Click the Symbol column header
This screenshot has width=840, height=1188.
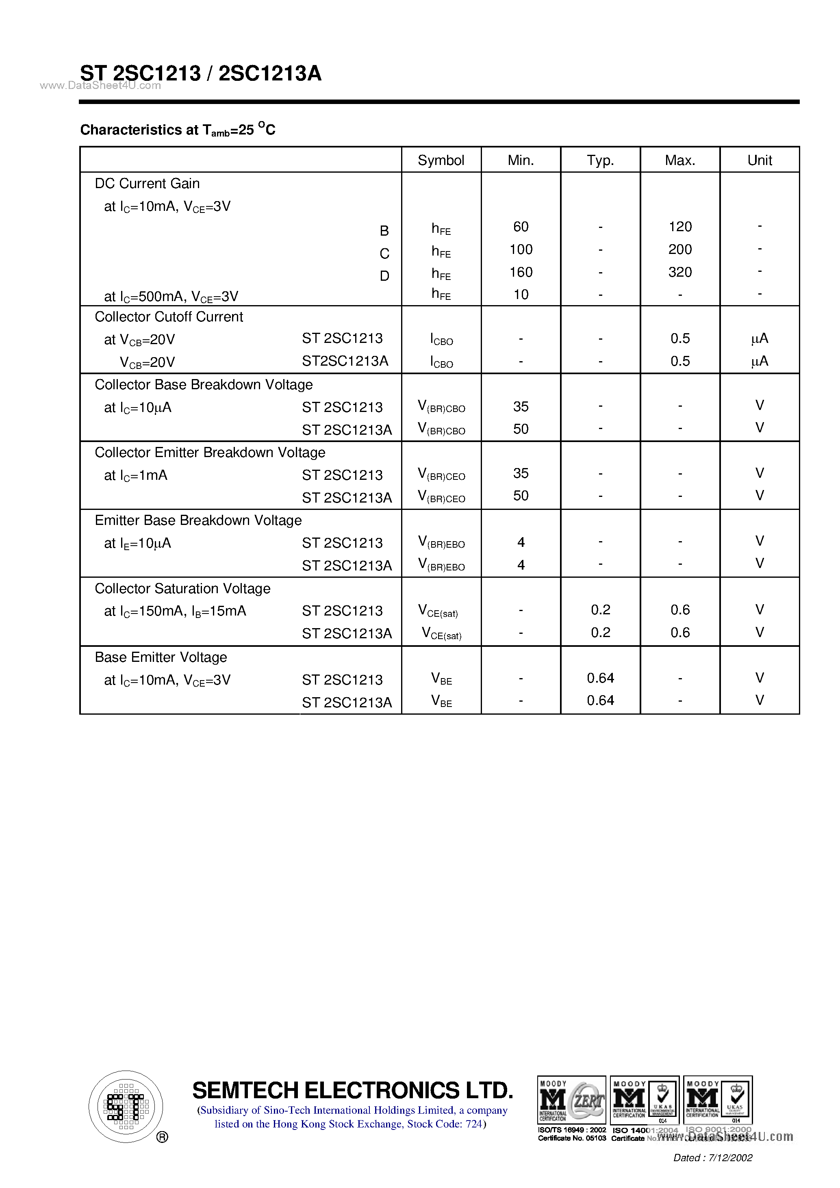pos(441,160)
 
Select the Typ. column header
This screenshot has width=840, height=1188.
pos(600,160)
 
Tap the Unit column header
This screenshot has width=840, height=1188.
pos(759,160)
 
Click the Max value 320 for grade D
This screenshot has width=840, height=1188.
pos(679,272)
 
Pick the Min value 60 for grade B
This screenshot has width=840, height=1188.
pos(521,227)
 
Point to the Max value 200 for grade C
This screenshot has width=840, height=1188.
pos(679,249)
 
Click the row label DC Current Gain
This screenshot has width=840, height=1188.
pos(147,184)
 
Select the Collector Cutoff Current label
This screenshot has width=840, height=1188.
pos(169,317)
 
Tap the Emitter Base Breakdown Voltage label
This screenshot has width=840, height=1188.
pos(198,520)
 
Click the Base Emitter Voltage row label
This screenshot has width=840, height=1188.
pos(161,657)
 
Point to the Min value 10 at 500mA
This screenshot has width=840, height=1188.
pos(521,295)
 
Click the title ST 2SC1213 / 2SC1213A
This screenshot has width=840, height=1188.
pos(201,74)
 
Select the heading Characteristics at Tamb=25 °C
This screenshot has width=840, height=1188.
pos(178,129)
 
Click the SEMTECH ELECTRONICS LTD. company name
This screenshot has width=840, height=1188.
pos(352,1090)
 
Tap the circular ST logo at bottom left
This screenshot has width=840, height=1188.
pos(126,1106)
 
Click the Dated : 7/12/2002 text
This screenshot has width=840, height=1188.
pos(713,1158)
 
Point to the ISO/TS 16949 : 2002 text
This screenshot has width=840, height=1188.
pos(571,1130)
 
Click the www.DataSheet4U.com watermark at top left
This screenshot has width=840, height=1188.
pos(100,86)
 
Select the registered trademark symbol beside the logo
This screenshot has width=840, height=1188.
pos(162,1137)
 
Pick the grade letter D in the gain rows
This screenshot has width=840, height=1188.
pos(384,276)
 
